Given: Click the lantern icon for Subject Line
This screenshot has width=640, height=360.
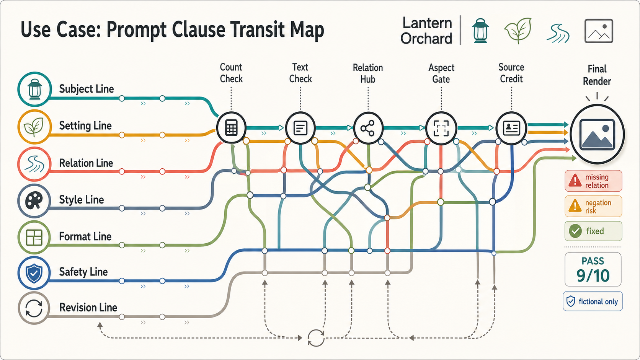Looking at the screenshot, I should (x=34, y=89).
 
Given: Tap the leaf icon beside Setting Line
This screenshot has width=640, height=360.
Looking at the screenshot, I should (x=34, y=126).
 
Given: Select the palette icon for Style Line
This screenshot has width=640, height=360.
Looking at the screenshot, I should (x=34, y=200).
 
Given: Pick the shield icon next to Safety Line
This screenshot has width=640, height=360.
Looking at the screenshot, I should (x=34, y=273).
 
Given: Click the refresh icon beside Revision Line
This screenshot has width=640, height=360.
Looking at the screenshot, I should (x=34, y=308).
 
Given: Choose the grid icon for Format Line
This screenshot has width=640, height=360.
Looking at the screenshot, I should (x=34, y=237).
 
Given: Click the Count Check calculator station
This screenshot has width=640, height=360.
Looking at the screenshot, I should (x=231, y=128).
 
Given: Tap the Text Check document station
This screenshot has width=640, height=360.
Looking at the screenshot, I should (x=300, y=128).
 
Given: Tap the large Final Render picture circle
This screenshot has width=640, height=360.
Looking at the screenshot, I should (x=597, y=134).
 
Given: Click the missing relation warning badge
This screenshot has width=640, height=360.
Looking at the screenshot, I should (x=593, y=181).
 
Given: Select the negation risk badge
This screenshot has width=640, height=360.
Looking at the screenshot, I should (x=593, y=207).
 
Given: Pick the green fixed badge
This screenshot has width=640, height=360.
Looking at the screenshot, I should (x=593, y=231).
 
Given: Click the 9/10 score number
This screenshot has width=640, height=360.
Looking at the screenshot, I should (x=593, y=276).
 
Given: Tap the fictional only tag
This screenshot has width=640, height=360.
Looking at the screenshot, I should (x=593, y=301).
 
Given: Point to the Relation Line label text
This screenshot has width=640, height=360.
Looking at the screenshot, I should (x=86, y=163).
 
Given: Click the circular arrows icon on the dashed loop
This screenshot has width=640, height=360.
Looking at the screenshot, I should (x=316, y=338).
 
